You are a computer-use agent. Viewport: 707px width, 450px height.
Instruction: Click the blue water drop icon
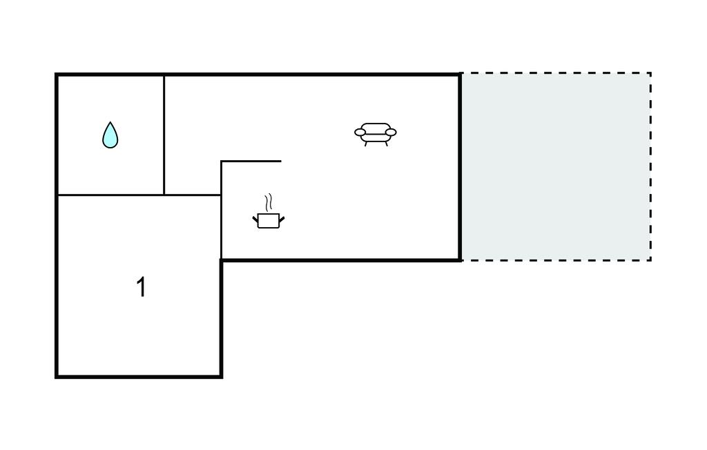pos(110,136)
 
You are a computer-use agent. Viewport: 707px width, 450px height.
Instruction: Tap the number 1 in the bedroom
pos(141,287)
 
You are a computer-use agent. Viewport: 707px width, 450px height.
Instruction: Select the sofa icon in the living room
pos(376,135)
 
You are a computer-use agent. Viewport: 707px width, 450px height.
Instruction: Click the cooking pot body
pos(269,221)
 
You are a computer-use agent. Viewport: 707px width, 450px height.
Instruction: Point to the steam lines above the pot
pos(269,202)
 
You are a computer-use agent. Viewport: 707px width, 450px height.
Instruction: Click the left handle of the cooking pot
pos(255,219)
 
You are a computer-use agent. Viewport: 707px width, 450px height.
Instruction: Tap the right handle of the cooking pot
pos(282,219)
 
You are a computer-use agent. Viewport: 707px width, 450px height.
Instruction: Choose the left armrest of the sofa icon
pos(360,132)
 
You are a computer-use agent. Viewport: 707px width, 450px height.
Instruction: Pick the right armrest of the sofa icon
pos(391,132)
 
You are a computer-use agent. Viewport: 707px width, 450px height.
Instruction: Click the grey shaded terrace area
pos(556,167)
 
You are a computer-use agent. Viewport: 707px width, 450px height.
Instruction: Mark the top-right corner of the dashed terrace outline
pos(650,73)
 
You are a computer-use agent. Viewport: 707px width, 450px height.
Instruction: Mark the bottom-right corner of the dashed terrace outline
pos(650,260)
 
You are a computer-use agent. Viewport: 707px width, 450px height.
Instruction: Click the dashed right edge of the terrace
pos(650,166)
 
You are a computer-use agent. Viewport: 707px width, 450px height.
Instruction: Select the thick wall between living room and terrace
pos(460,167)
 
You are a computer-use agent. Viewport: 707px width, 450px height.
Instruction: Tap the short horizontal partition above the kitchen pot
pos(251,161)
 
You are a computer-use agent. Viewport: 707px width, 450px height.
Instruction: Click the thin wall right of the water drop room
pos(164,135)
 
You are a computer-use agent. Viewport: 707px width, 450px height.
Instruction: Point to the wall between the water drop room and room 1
pos(110,195)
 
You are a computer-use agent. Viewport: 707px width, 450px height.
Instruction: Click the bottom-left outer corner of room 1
pos(57,377)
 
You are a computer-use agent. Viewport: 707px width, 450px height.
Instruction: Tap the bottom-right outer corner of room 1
pos(222,377)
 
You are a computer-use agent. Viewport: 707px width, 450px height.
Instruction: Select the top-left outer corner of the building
pos(57,74)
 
